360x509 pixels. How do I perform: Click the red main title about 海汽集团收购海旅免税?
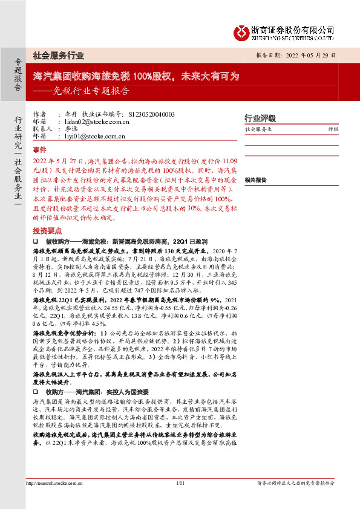point(136,77)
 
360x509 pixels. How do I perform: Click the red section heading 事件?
point(40,148)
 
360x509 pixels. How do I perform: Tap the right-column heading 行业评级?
point(260,118)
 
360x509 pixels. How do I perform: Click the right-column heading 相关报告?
point(256,180)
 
